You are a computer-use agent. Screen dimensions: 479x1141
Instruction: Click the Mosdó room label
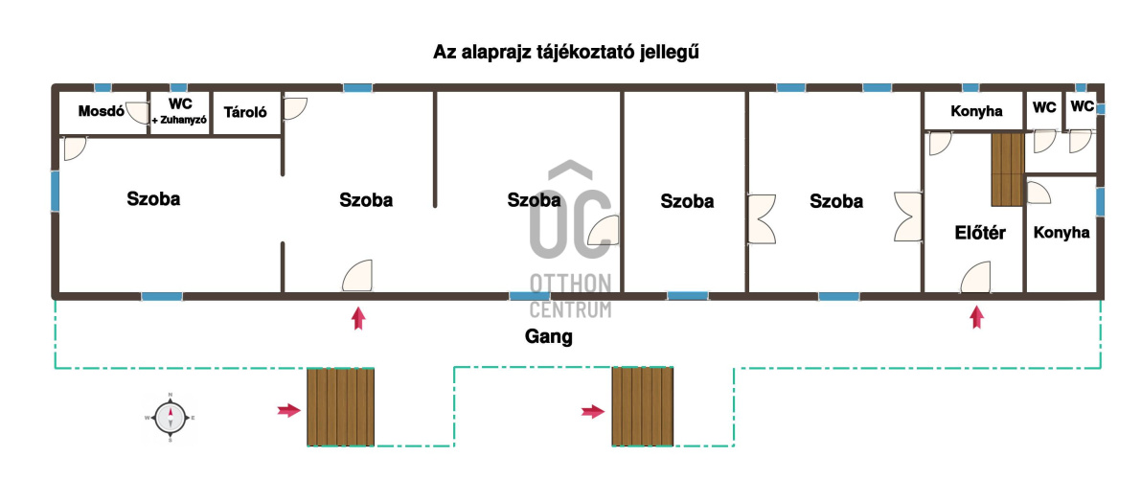click(x=102, y=110)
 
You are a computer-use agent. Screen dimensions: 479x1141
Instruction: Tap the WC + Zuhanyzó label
click(x=180, y=111)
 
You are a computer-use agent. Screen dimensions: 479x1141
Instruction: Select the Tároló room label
click(x=245, y=112)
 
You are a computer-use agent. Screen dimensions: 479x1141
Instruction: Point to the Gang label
click(x=549, y=336)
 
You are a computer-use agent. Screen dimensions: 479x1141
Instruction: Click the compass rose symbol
click(x=170, y=418)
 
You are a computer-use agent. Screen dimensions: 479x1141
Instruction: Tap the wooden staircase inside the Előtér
click(x=1008, y=169)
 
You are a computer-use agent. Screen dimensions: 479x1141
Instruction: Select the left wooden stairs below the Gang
click(x=340, y=406)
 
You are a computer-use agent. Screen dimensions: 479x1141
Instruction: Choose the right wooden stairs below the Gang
click(x=643, y=406)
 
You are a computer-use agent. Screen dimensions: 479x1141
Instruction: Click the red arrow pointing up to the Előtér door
click(x=976, y=317)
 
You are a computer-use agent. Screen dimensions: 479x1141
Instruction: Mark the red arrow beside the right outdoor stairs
click(x=592, y=412)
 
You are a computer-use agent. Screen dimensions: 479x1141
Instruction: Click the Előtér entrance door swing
click(x=976, y=278)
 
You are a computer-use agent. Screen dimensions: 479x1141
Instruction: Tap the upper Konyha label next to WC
click(x=976, y=111)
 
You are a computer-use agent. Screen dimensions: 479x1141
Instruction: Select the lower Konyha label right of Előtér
click(x=1061, y=232)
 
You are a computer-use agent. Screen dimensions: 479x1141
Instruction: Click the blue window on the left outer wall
click(x=55, y=192)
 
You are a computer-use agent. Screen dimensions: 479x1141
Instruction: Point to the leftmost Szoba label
click(x=153, y=199)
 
